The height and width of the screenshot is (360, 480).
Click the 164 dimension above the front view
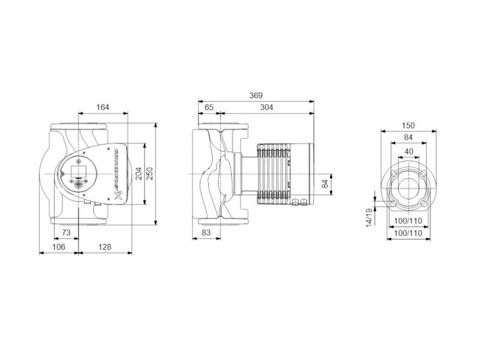click(x=103, y=108)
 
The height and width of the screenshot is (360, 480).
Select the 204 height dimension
click(x=140, y=174)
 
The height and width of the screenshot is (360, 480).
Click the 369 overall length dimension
click(x=256, y=95)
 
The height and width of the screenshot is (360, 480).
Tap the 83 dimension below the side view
click(x=207, y=233)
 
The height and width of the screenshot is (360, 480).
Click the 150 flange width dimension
click(x=406, y=125)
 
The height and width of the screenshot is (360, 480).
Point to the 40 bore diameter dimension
click(x=406, y=152)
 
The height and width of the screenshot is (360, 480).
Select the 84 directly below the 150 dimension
click(x=406, y=138)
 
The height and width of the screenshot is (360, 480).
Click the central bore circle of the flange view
click(x=406, y=189)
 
